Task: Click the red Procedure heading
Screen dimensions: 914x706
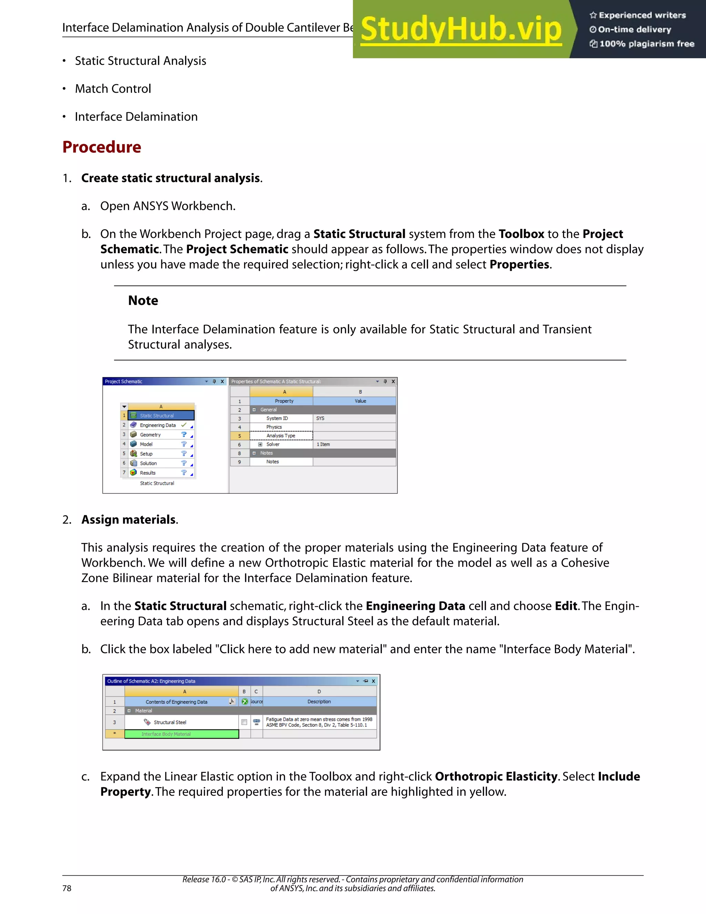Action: (102, 147)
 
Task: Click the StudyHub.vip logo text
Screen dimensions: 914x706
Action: (461, 29)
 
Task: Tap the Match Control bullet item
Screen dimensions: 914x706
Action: (113, 89)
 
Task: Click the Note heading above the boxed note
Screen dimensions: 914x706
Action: (143, 300)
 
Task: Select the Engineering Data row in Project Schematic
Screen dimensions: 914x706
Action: (158, 425)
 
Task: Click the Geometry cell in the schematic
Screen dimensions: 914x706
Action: (150, 435)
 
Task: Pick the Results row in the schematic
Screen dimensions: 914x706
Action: (148, 473)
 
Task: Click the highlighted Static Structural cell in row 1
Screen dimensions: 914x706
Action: (161, 416)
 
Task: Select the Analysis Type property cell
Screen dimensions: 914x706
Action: (281, 436)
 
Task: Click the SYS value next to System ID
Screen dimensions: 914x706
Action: (320, 418)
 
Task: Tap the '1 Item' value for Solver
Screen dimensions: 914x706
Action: (323, 445)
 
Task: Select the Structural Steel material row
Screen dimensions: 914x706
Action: (170, 722)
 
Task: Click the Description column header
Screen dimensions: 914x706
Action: (319, 702)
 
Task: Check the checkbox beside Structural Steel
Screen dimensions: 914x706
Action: (244, 722)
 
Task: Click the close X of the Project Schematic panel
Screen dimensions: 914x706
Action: (222, 382)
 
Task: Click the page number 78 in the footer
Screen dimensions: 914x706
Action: (67, 888)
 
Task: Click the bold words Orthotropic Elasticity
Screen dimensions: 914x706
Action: (496, 777)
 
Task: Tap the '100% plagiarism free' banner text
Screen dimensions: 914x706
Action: (647, 44)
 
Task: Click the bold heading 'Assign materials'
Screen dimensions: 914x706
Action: (128, 520)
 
